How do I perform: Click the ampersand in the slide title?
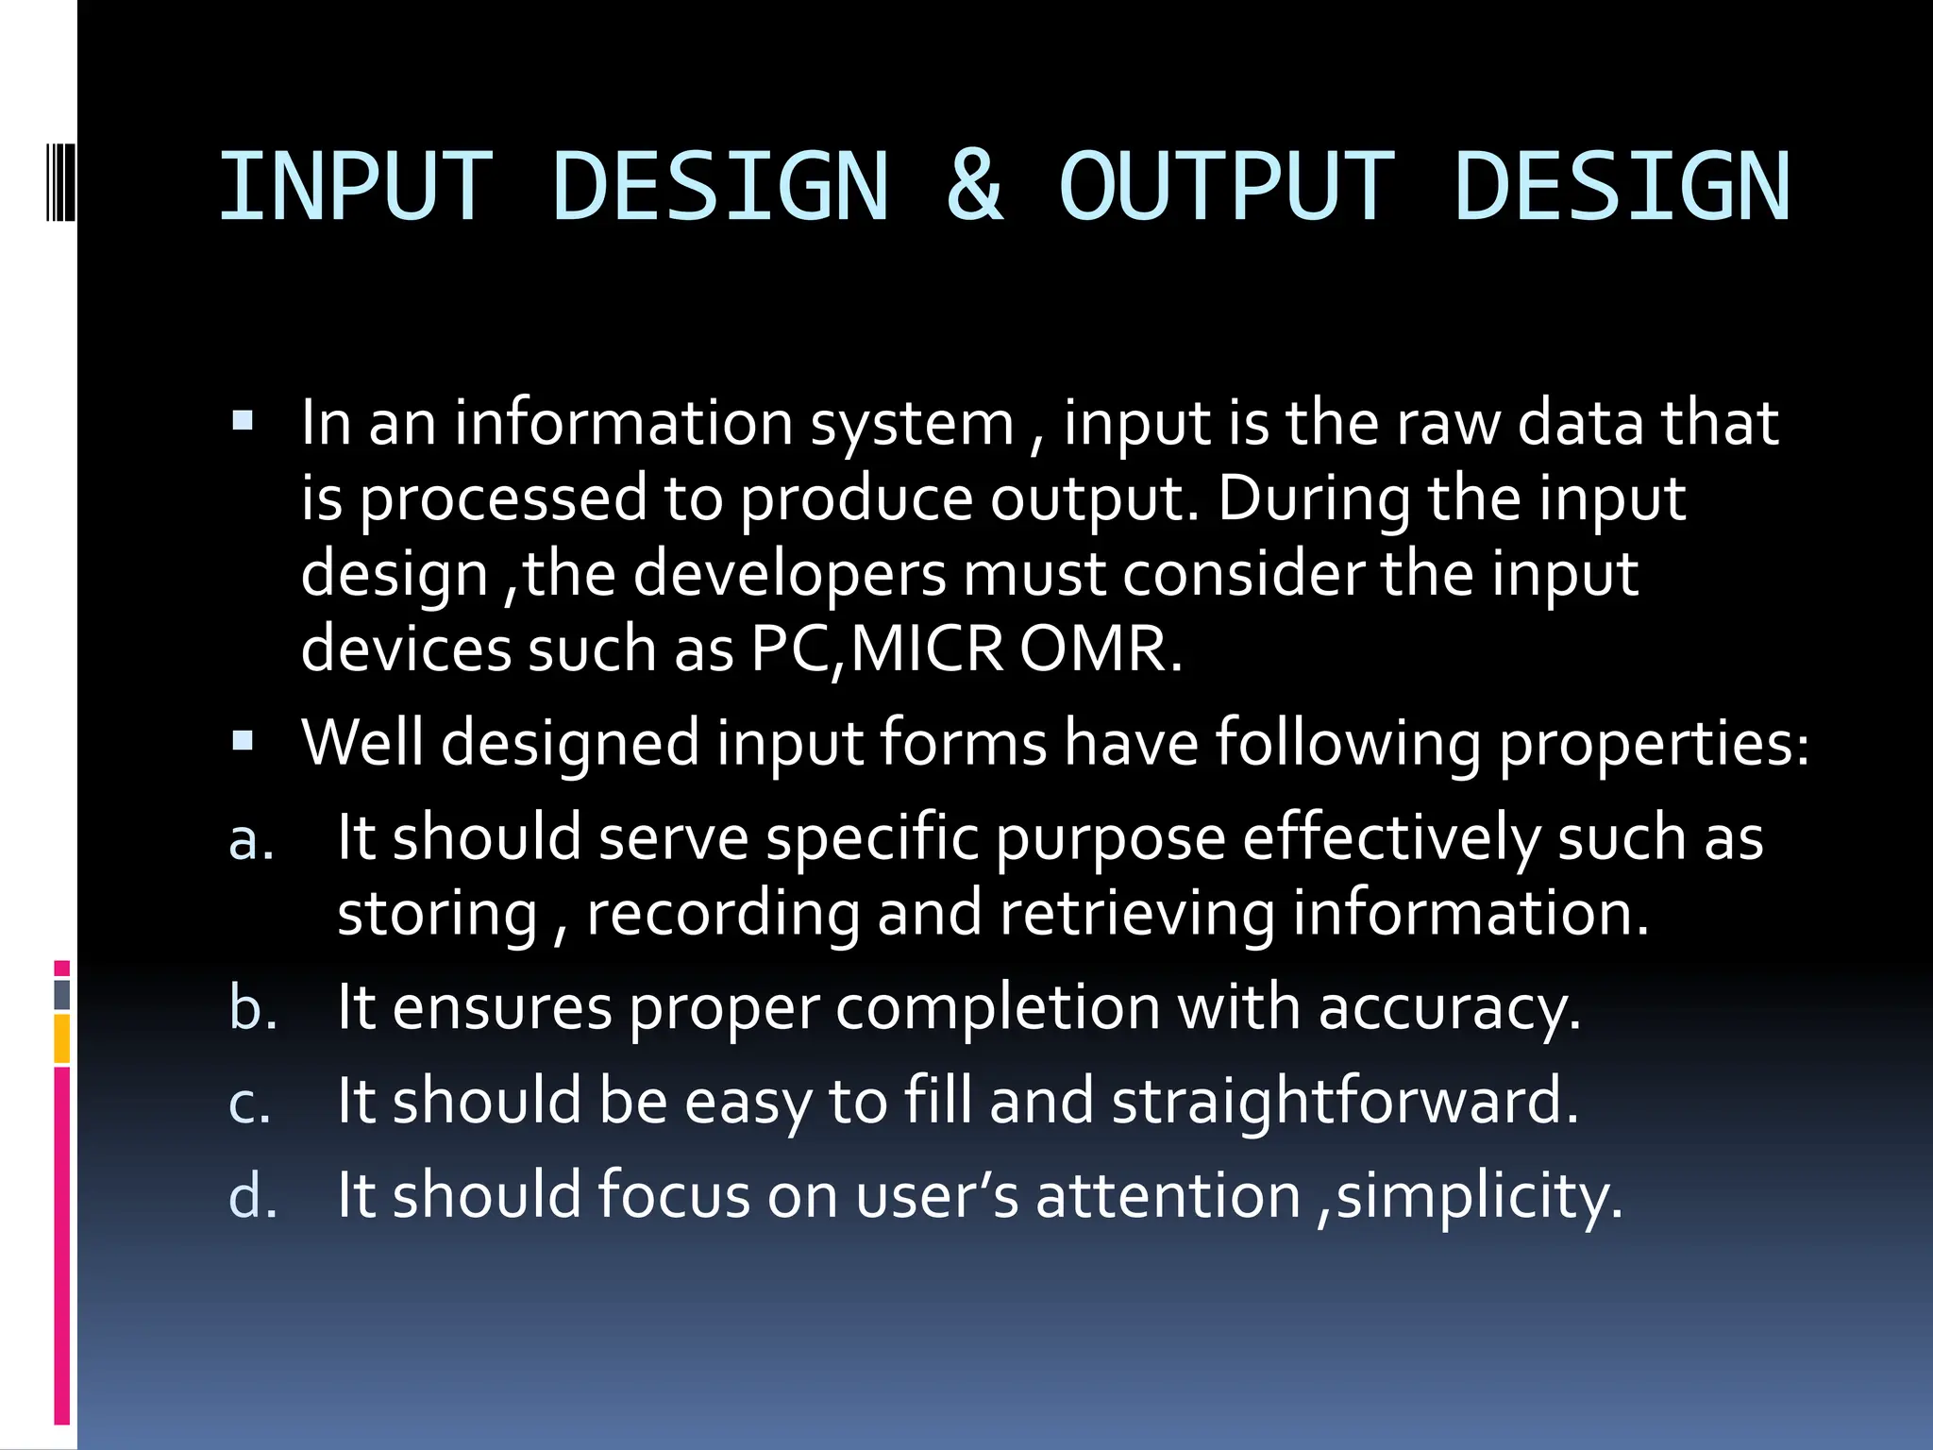tap(975, 186)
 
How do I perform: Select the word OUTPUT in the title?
tap(1226, 186)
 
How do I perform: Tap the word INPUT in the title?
tap(356, 186)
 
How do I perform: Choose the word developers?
tap(789, 573)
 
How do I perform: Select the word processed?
tap(503, 498)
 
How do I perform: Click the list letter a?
tap(251, 838)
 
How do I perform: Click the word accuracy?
tap(1449, 1008)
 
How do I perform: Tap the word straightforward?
tap(1344, 1102)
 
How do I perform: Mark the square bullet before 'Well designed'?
tap(243, 742)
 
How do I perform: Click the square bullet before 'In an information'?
tap(243, 421)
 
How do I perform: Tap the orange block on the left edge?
tap(62, 1038)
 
